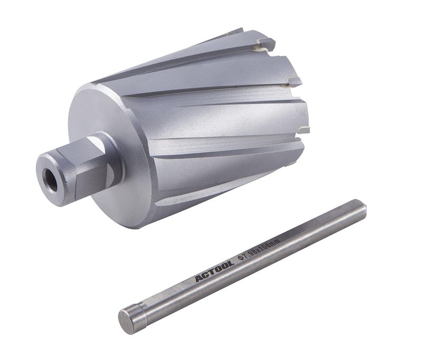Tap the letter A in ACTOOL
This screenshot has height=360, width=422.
(198, 279)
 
